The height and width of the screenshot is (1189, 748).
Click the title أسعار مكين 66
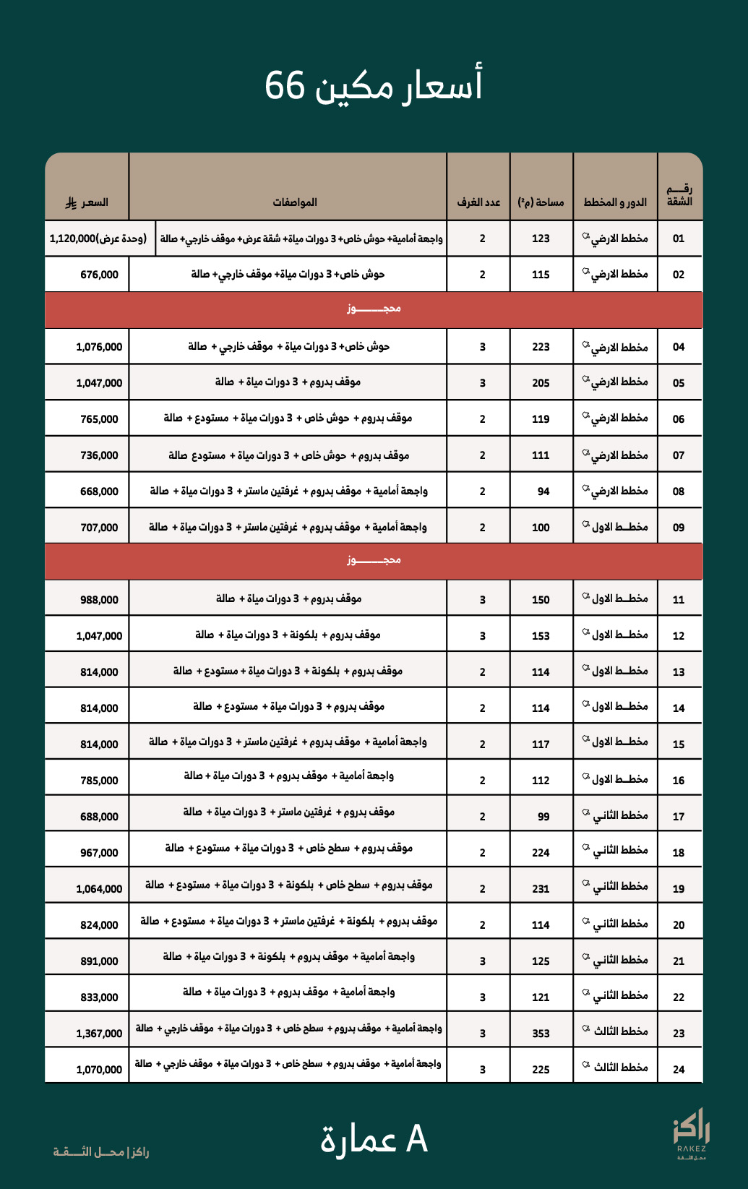pyautogui.click(x=373, y=85)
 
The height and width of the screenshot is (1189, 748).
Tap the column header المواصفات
pyautogui.click(x=295, y=202)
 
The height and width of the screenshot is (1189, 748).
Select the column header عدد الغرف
pyautogui.click(x=478, y=202)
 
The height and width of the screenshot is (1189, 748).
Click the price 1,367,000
pyautogui.click(x=99, y=1034)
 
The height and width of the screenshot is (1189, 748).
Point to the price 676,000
pyautogui.click(x=99, y=275)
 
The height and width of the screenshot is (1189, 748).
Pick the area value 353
pyautogui.click(x=541, y=1034)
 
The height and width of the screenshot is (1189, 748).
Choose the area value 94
pyautogui.click(x=543, y=492)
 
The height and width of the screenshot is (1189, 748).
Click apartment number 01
pyautogui.click(x=678, y=239)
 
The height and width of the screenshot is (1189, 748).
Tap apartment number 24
pyautogui.click(x=678, y=1070)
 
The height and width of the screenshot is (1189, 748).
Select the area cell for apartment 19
pyautogui.click(x=541, y=889)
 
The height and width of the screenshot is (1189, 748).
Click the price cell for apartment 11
pyautogui.click(x=99, y=600)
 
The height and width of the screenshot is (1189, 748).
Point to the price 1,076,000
pyautogui.click(x=99, y=347)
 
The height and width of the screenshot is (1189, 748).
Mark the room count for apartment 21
pyautogui.click(x=482, y=961)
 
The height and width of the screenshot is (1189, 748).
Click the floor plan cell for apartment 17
pyautogui.click(x=616, y=816)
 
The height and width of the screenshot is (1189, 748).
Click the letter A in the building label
pyautogui.click(x=417, y=1140)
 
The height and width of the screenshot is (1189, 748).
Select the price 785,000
pyautogui.click(x=99, y=781)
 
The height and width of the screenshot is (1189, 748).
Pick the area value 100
pyautogui.click(x=541, y=528)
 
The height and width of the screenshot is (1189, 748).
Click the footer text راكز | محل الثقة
pyautogui.click(x=101, y=1151)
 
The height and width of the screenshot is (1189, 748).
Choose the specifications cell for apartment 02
pyautogui.click(x=288, y=275)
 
